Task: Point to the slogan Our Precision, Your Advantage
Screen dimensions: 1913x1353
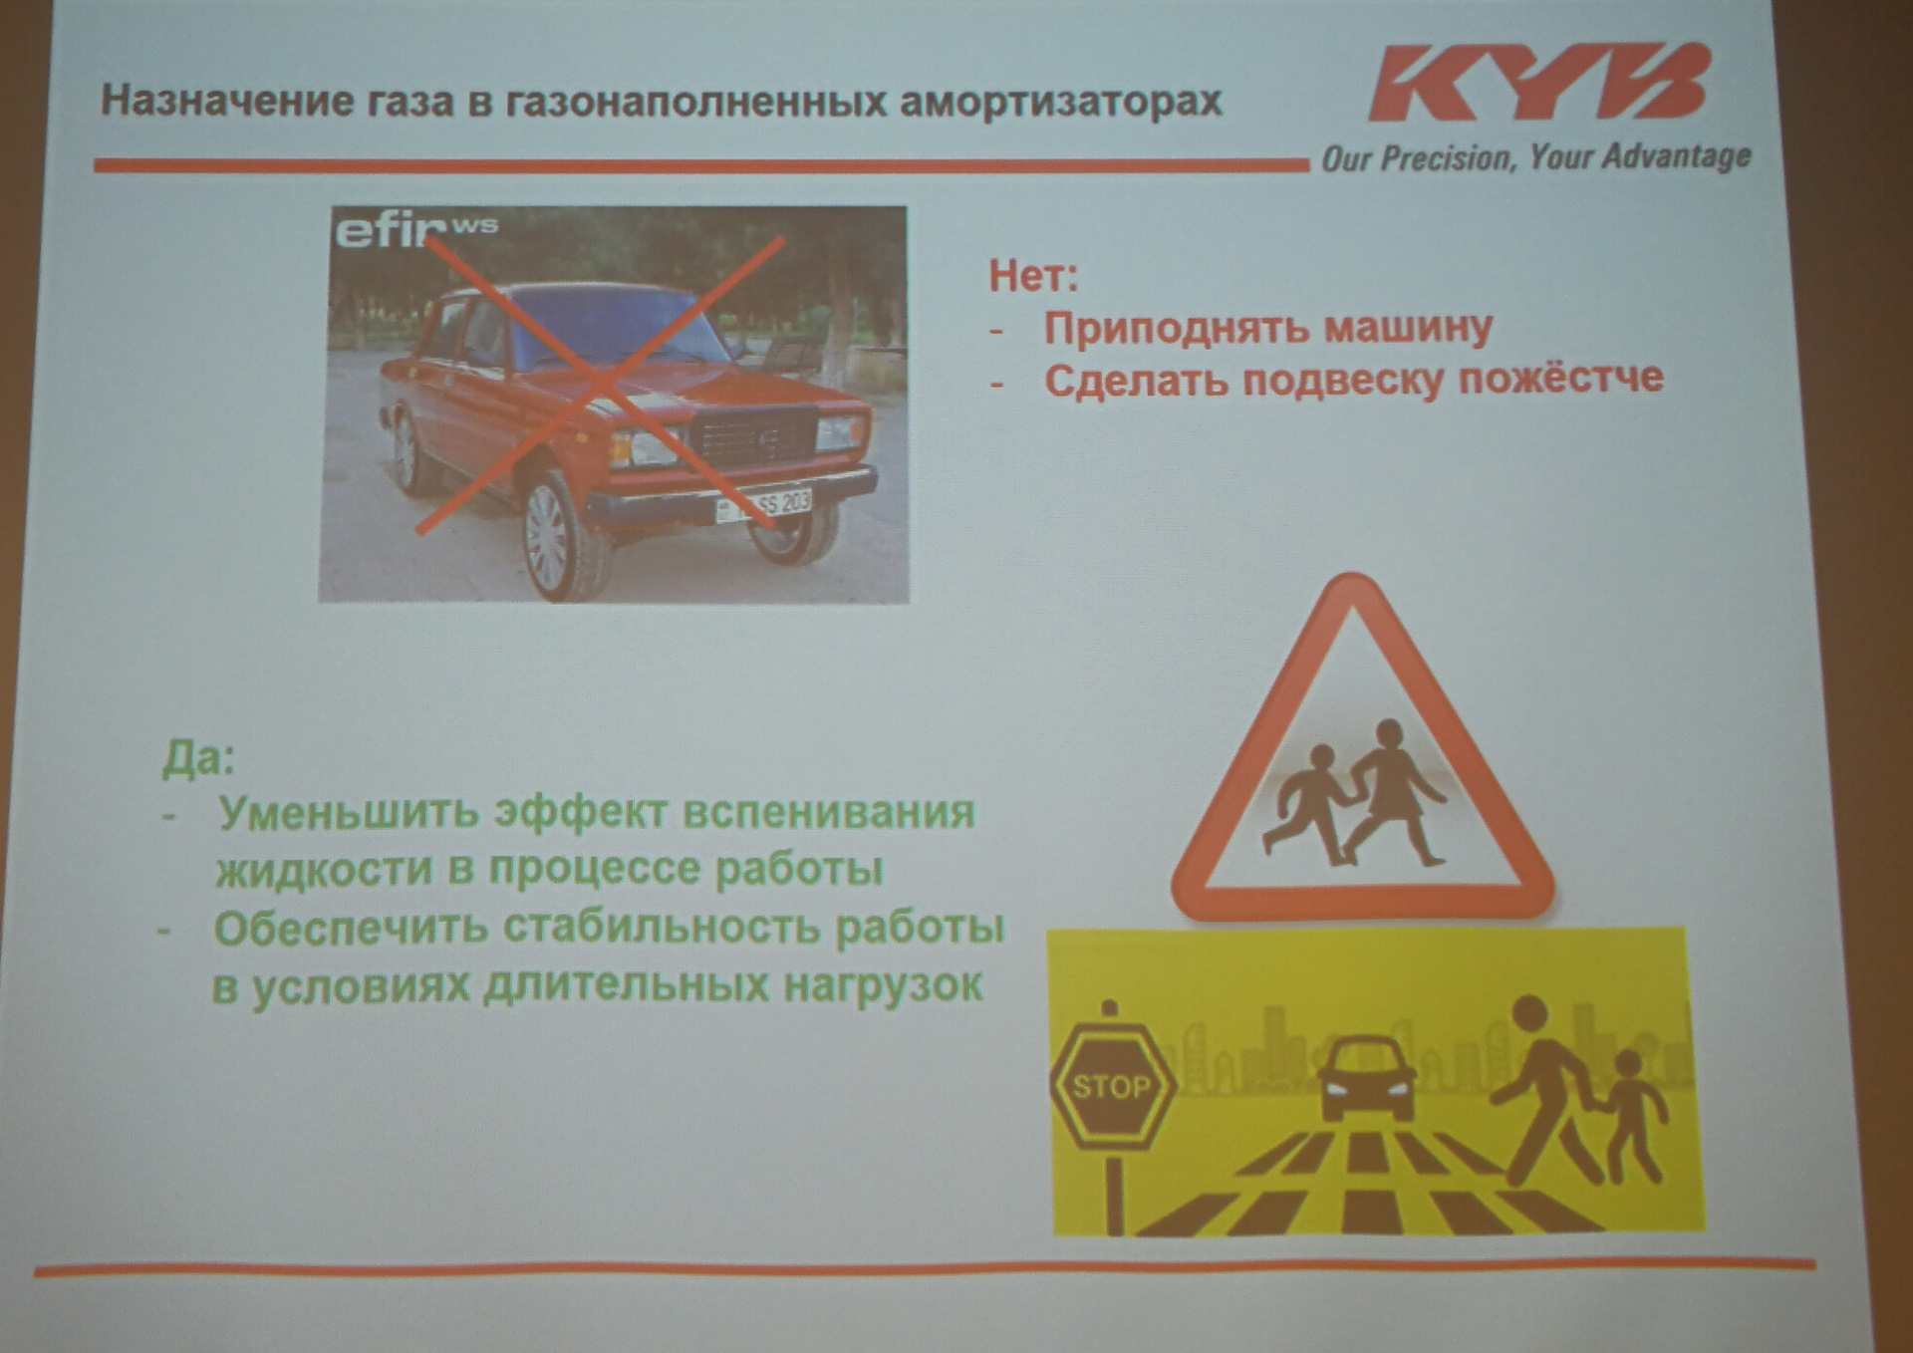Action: click(1535, 157)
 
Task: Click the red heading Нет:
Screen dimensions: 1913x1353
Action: click(1033, 275)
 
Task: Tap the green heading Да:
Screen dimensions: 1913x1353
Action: click(198, 758)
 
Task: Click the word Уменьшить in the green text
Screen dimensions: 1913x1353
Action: click(349, 812)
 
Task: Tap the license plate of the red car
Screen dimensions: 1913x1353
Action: click(763, 505)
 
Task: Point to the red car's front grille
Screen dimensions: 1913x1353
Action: click(754, 441)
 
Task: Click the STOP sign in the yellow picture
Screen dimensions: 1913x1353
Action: click(1112, 1085)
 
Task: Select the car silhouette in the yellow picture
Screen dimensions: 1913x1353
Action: click(1367, 1078)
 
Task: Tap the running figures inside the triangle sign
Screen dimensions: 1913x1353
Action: click(1354, 792)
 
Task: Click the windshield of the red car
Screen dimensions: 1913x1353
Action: click(607, 329)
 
